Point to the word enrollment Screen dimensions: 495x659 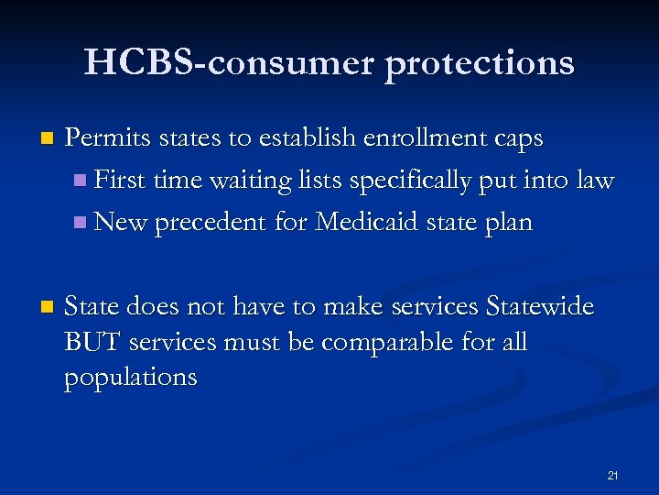pyautogui.click(x=408, y=138)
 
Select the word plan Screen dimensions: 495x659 pyautogui.click(x=510, y=224)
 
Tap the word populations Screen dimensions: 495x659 pyautogui.click(x=130, y=378)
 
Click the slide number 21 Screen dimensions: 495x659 pyautogui.click(x=612, y=475)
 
